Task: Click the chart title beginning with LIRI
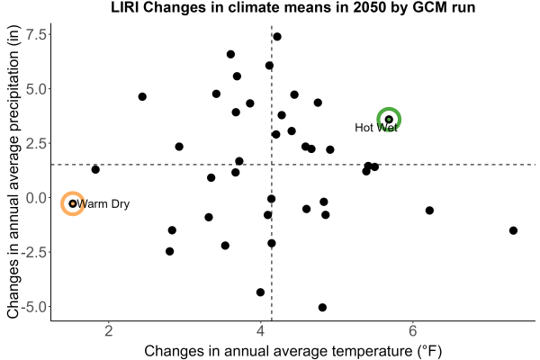click(x=293, y=7)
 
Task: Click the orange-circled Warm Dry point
click(x=73, y=203)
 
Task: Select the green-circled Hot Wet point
click(x=389, y=120)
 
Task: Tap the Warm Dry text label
click(x=103, y=204)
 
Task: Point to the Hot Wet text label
click(x=376, y=128)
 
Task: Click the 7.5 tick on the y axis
click(x=36, y=34)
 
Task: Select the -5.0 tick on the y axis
click(x=33, y=307)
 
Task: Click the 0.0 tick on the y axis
click(x=36, y=198)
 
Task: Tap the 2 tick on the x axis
click(x=109, y=331)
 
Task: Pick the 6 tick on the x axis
click(x=412, y=331)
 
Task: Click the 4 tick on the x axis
click(x=261, y=331)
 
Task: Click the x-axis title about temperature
click(x=293, y=351)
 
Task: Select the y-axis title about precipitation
click(x=13, y=172)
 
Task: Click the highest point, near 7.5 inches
click(x=277, y=37)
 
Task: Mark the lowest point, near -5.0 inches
click(x=322, y=307)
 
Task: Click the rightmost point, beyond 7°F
click(x=513, y=230)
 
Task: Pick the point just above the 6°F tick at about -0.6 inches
click(x=429, y=211)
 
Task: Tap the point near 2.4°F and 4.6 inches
click(x=142, y=97)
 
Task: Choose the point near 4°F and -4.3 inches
click(x=260, y=292)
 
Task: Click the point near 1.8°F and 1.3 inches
click(x=95, y=169)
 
